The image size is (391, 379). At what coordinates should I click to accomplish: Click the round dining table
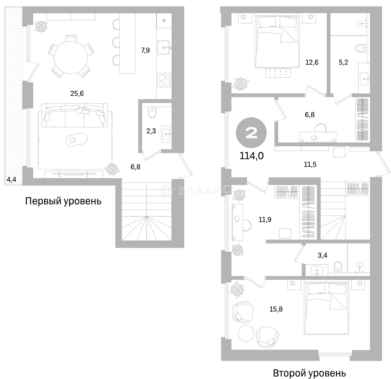tap(71, 57)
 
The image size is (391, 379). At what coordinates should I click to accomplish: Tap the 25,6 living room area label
tap(77, 94)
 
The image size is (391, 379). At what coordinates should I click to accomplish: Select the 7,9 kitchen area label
tap(145, 51)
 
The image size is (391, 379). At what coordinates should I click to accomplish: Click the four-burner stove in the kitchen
tap(164, 80)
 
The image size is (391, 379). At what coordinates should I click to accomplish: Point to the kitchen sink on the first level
tap(164, 47)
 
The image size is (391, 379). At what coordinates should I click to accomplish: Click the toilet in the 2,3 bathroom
tap(152, 113)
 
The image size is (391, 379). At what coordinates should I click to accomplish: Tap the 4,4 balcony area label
tap(12, 179)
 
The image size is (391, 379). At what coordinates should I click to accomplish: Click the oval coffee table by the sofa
tap(77, 139)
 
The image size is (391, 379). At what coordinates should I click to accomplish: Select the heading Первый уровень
tap(63, 201)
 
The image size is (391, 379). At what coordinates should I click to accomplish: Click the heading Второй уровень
tap(310, 373)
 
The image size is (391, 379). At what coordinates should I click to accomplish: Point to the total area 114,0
tap(251, 156)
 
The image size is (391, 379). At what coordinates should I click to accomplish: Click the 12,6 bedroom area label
tap(312, 62)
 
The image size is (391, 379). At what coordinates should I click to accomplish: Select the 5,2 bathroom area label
tap(343, 62)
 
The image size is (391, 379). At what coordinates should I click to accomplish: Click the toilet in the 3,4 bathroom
tap(338, 266)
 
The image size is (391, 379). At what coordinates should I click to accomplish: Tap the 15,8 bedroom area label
tap(276, 310)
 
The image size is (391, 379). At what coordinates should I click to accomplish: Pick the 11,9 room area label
tap(265, 220)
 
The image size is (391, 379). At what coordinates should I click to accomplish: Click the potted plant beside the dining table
tap(41, 26)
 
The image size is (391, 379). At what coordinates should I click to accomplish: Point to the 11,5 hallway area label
tap(310, 164)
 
